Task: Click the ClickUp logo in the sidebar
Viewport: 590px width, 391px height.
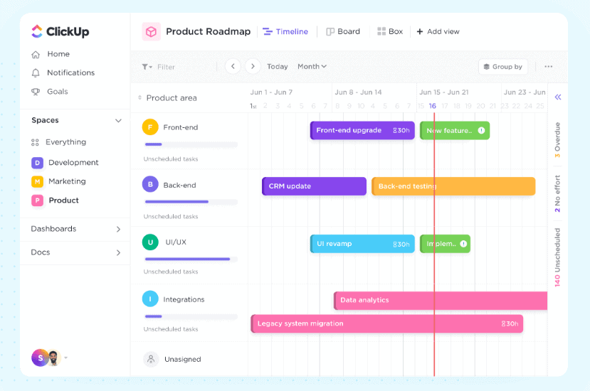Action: point(60,31)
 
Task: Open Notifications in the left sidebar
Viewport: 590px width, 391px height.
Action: point(70,73)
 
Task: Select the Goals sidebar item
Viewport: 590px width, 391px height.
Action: point(57,92)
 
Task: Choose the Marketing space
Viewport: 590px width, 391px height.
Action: point(66,181)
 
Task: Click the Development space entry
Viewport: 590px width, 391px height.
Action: point(73,163)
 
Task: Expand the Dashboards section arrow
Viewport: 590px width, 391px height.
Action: point(118,229)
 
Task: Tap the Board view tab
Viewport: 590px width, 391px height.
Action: point(343,31)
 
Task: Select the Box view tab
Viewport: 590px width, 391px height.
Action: point(390,31)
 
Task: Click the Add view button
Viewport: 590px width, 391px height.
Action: point(438,31)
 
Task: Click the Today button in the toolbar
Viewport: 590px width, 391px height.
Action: point(278,67)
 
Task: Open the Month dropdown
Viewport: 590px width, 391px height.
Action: point(312,67)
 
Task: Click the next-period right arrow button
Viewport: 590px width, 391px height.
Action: point(252,66)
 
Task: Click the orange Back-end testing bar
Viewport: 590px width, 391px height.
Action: point(453,186)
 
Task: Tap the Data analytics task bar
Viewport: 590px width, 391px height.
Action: point(440,300)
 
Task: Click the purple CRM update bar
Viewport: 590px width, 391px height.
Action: point(314,186)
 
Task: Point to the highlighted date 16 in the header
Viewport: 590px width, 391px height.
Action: point(432,106)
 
